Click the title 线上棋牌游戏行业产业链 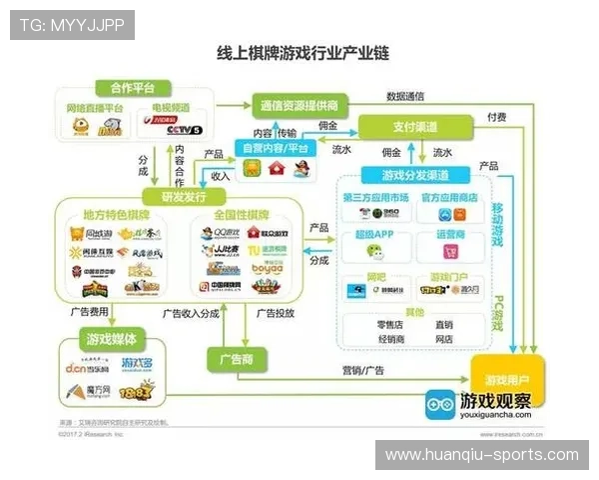click(299, 52)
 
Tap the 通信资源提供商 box click(299, 105)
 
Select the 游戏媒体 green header click(113, 337)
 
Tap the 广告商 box click(232, 358)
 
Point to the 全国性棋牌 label click(241, 215)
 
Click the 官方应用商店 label click(448, 197)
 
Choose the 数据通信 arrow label click(406, 97)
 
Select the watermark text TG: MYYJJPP click(72, 24)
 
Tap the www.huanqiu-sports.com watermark click(482, 455)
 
